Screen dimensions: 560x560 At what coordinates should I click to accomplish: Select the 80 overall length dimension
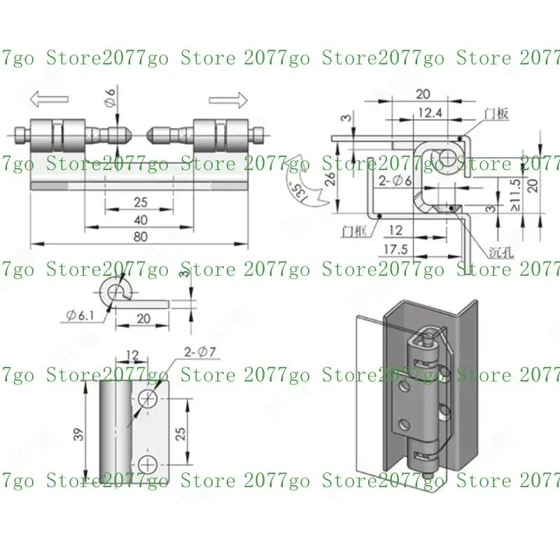tap(141, 237)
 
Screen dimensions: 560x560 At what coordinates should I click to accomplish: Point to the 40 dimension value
tap(141, 219)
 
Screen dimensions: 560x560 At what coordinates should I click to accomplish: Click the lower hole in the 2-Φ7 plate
tap(148, 463)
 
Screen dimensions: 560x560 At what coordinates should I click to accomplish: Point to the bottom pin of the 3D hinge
tap(426, 474)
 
